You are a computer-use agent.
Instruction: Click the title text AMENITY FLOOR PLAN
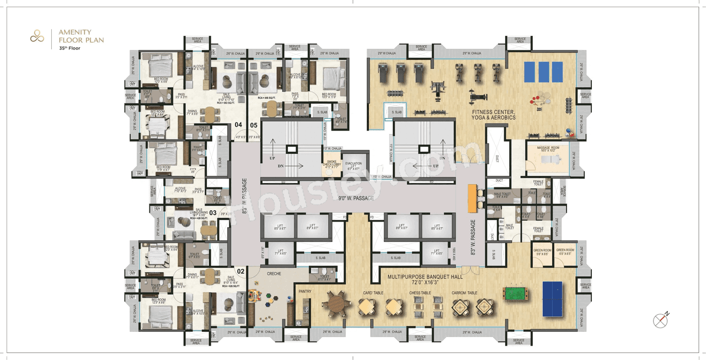coord(81,36)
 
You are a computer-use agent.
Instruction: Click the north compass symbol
coord(661,319)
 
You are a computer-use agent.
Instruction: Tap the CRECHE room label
coord(274,273)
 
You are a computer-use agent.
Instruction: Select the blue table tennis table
coord(552,299)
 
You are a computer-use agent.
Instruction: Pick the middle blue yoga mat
coord(543,72)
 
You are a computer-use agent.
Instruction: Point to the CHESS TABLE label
coord(420,293)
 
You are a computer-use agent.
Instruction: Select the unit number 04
coord(238,124)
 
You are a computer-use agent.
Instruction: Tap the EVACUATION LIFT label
coord(353,165)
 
